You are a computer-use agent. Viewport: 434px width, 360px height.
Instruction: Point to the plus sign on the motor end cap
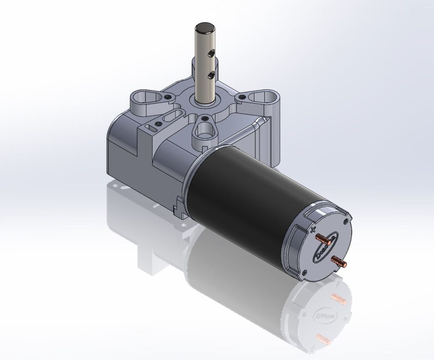[x=313, y=230]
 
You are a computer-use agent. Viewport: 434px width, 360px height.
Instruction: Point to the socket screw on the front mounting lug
[x=204, y=118]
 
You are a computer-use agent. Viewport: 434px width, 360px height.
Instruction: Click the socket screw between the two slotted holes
[x=159, y=124]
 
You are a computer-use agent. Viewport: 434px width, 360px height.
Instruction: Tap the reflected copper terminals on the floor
[x=335, y=316]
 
